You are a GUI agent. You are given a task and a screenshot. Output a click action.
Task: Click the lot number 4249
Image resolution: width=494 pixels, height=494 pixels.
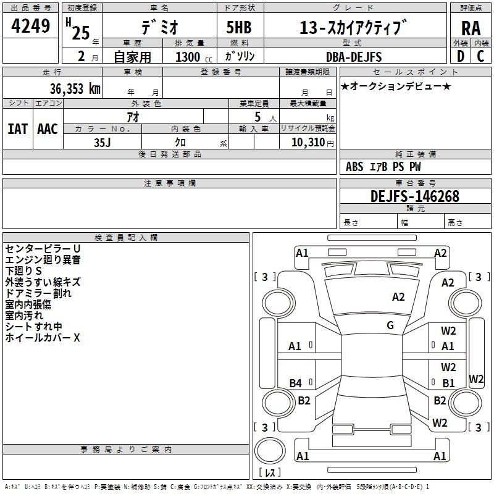pos(30,26)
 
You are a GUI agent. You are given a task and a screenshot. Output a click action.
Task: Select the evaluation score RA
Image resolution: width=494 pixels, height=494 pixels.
pos(471,28)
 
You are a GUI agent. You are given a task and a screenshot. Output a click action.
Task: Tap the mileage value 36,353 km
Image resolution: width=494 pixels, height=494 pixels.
pos(75,88)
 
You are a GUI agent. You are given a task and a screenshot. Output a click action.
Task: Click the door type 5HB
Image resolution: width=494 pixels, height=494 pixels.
pos(239,27)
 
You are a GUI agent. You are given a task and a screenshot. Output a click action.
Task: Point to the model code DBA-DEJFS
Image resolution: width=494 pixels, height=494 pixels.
pos(354,57)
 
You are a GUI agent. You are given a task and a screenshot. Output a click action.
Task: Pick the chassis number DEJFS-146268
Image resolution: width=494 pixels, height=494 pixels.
pos(414,196)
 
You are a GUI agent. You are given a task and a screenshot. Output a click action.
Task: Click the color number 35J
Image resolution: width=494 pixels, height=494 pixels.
pos(102,143)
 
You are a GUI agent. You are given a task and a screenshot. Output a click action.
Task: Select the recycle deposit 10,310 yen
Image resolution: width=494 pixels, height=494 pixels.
pos(312,143)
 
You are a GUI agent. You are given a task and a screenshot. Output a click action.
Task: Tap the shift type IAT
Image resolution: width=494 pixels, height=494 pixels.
pos(17,129)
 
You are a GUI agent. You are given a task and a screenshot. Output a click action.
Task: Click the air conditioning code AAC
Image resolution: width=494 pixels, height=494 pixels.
pos(48,129)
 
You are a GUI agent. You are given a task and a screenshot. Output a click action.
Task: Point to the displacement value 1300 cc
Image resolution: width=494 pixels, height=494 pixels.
pos(194,57)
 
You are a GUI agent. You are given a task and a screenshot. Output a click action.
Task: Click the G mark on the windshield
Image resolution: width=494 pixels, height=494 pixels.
pos(390,325)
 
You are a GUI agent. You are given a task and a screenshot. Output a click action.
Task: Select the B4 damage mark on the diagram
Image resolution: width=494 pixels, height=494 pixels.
pos(296,383)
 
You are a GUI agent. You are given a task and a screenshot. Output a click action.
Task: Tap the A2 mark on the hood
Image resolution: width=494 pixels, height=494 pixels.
pos(398,297)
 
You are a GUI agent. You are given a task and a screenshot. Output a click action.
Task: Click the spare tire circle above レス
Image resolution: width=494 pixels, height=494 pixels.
pos(270,451)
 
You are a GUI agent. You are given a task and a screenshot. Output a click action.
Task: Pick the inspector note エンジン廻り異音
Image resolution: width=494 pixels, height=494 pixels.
pos(43,260)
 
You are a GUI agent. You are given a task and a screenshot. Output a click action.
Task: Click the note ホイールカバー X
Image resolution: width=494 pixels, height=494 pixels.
pos(43,338)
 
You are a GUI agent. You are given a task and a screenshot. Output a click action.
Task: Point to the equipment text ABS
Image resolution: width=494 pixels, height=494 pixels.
pos(354,167)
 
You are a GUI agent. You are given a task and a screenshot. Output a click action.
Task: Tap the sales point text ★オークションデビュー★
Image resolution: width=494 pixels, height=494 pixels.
pos(396,86)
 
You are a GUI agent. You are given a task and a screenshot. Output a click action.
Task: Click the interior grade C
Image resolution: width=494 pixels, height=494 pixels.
pos(480,56)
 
